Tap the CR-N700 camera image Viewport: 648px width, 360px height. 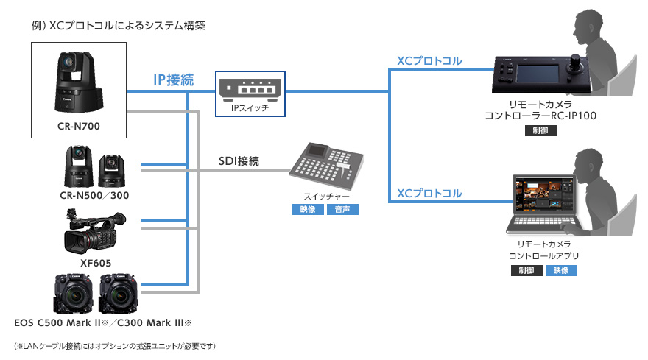coord(78,81)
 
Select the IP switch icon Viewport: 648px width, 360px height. coord(247,88)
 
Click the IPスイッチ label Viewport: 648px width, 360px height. coord(248,108)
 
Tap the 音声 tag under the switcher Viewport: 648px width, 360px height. coord(343,211)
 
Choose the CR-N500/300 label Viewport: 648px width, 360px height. coord(95,196)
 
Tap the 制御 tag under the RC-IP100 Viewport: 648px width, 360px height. coord(541,132)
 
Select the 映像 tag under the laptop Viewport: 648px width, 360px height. coord(561,270)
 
